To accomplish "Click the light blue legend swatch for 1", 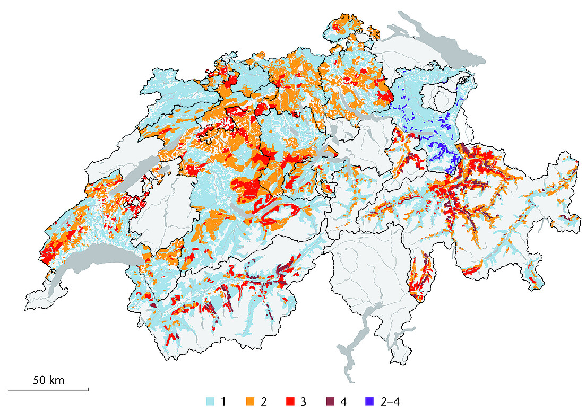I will pyautogui.click(x=210, y=401).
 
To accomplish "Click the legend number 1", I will pyautogui.click(x=225, y=401).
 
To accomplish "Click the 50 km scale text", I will pyautogui.click(x=48, y=380).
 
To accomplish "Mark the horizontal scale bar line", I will pyautogui.click(x=48, y=390).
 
